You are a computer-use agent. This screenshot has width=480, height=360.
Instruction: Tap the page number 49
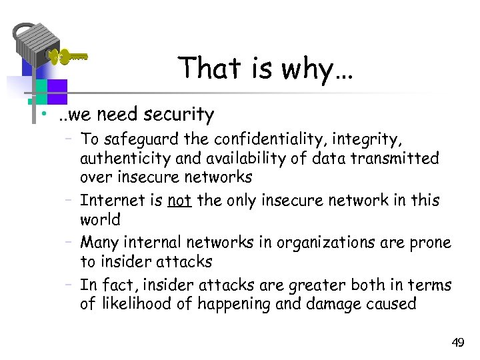[x=457, y=343]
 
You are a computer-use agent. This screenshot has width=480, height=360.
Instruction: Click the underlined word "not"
[x=179, y=201]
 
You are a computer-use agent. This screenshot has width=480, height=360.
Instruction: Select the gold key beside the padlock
[x=67, y=57]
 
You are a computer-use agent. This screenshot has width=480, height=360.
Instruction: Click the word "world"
[x=100, y=219]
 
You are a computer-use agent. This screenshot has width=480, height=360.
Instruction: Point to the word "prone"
[x=427, y=243]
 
